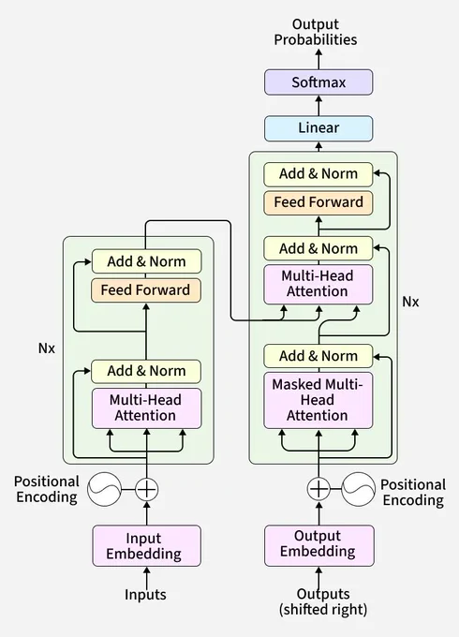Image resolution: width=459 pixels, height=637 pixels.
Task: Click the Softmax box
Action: (318, 82)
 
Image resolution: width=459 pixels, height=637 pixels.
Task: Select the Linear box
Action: (318, 128)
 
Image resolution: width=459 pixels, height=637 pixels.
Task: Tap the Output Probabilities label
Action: (316, 32)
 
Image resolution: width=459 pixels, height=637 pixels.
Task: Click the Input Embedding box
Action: (147, 545)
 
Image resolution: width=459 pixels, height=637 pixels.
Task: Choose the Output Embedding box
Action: (318, 545)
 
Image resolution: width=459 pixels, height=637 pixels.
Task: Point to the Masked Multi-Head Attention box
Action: (318, 400)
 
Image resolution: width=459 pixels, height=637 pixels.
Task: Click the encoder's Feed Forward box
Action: (146, 290)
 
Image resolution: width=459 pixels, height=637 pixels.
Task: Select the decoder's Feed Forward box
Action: (318, 202)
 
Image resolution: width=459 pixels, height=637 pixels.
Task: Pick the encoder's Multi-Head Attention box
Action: (147, 408)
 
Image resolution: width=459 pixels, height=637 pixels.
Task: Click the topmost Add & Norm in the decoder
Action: (318, 174)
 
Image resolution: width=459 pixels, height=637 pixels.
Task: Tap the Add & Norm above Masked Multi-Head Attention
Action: (318, 356)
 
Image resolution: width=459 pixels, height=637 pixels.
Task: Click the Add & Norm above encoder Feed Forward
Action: (147, 261)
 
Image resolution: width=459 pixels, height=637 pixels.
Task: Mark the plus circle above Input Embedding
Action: (147, 489)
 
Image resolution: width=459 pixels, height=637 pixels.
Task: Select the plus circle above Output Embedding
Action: (318, 488)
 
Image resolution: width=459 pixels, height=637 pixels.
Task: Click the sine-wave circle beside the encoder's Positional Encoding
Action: (104, 489)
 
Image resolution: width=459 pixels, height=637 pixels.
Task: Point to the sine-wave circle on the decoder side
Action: (358, 489)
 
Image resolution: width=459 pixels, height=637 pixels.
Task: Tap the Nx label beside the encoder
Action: (47, 348)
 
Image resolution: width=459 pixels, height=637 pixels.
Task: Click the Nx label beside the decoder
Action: (410, 302)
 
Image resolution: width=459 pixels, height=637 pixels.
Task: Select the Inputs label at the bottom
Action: (145, 594)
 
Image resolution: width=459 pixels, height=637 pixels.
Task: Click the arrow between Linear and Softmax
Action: (318, 106)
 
